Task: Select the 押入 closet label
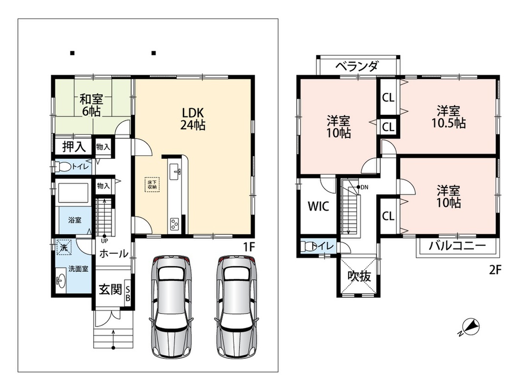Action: click(74, 147)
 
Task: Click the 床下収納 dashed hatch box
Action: click(151, 185)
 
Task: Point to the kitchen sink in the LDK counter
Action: click(175, 172)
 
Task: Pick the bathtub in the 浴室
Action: click(73, 193)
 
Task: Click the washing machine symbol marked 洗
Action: click(64, 248)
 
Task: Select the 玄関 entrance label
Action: click(110, 290)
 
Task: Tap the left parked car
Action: click(171, 306)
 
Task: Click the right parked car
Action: click(236, 306)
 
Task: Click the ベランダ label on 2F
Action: click(357, 66)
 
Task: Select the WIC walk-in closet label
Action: click(318, 206)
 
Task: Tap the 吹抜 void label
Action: click(360, 276)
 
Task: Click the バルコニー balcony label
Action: click(457, 246)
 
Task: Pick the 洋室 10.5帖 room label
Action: click(448, 117)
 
